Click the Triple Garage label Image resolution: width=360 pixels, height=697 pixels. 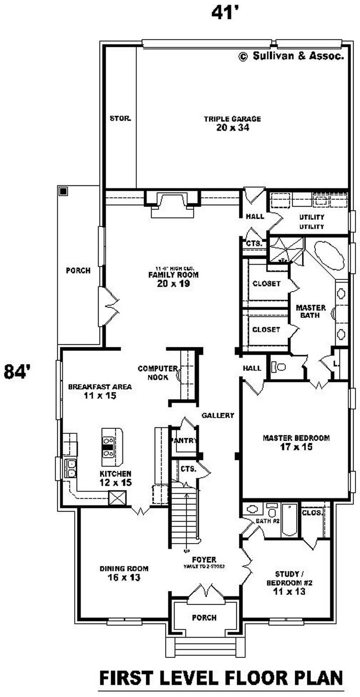(232, 123)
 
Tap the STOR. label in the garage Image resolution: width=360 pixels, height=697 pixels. (120, 119)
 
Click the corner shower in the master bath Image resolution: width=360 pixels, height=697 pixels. (286, 250)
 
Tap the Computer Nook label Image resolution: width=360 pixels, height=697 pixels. (153, 373)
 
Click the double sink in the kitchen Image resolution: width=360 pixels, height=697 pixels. (71, 468)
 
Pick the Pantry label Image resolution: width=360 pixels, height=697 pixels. (184, 441)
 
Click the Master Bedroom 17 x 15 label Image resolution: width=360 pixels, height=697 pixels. (296, 442)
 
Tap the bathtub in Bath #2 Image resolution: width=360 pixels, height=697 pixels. (289, 520)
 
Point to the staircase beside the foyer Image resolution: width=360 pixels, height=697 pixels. (184, 515)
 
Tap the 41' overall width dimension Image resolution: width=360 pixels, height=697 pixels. (225, 13)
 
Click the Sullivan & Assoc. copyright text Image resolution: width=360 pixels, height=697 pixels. (292, 56)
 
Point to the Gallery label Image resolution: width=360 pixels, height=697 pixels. (218, 415)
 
